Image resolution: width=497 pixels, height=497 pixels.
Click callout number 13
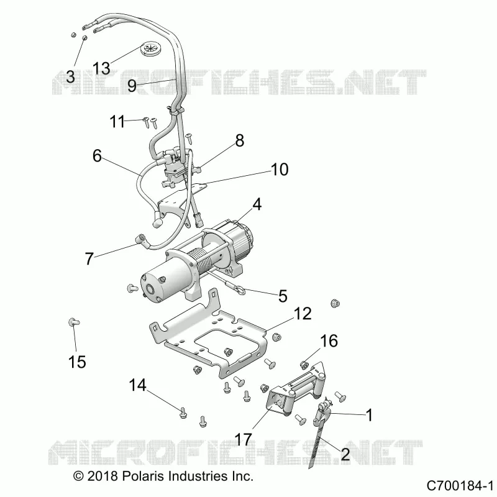pyautogui.click(x=101, y=68)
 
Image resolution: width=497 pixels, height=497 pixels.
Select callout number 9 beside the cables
pyautogui.click(x=132, y=85)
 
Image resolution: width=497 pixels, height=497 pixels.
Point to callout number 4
pyautogui.click(x=257, y=204)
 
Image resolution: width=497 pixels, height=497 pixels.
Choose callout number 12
pyautogui.click(x=303, y=314)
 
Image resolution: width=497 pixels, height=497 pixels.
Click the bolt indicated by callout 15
pyautogui.click(x=73, y=322)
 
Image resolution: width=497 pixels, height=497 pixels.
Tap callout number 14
pyautogui.click(x=137, y=385)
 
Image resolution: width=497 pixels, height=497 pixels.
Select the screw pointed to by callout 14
pyautogui.click(x=183, y=413)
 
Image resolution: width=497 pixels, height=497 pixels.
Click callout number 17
pyautogui.click(x=243, y=440)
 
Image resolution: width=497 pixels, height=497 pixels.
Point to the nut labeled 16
pyautogui.click(x=304, y=365)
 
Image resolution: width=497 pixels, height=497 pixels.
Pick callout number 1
pyautogui.click(x=369, y=414)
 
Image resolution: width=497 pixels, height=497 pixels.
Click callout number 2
pyautogui.click(x=345, y=454)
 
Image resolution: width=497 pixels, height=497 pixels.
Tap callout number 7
pyautogui.click(x=89, y=258)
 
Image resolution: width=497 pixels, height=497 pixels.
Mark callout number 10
pyautogui.click(x=280, y=169)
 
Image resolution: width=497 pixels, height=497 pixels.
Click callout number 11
pyautogui.click(x=117, y=122)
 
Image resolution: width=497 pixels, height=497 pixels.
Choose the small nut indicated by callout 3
pyautogui.click(x=84, y=38)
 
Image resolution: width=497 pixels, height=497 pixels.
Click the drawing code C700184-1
pyautogui.click(x=460, y=486)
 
